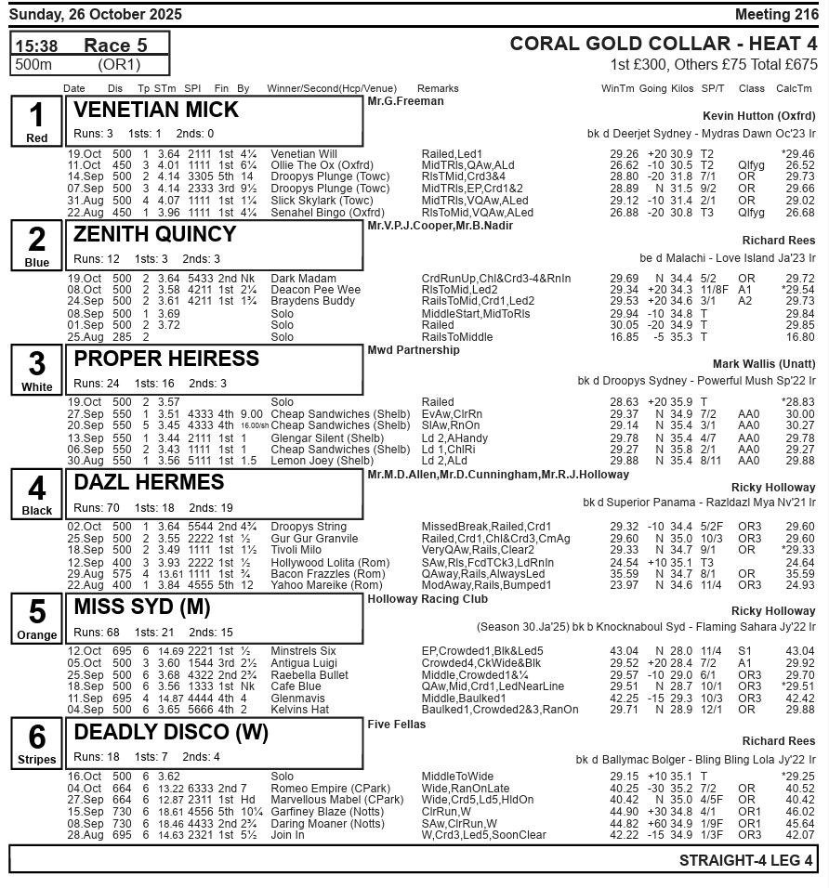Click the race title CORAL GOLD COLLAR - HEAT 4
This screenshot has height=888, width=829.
(x=664, y=44)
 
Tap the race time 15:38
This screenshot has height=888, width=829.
(x=37, y=46)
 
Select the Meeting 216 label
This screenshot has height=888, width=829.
(x=776, y=14)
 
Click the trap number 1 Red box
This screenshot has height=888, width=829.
(x=37, y=122)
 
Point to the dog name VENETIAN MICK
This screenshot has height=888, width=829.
(x=156, y=110)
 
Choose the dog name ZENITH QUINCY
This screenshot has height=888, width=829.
(x=155, y=234)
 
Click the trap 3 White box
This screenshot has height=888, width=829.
(x=37, y=371)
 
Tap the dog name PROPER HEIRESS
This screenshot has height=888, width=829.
(x=166, y=359)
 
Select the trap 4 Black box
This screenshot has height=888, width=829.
(x=37, y=495)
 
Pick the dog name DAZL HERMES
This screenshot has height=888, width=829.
(x=149, y=482)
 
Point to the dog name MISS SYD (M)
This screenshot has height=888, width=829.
(x=142, y=607)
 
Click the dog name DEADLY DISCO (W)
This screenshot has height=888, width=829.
(x=170, y=732)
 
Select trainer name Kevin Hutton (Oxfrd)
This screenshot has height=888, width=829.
(x=760, y=116)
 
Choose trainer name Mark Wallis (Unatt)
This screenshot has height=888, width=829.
(x=765, y=364)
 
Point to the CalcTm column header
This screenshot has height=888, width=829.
(x=794, y=88)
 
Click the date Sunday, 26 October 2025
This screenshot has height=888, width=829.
(x=97, y=14)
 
